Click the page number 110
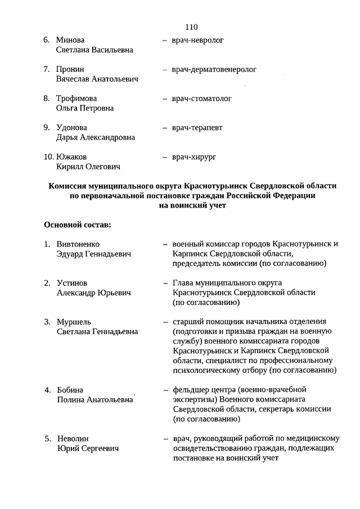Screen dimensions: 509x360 coord(191,26)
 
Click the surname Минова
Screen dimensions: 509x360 coord(70,40)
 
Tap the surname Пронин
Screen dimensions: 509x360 coord(70,70)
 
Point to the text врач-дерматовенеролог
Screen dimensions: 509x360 coord(214,70)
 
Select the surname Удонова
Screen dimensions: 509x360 coord(72,128)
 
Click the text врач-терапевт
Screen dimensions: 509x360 coord(197,128)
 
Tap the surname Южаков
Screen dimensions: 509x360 coord(71,157)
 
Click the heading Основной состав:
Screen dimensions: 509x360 coord(78,225)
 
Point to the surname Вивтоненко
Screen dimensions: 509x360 coord(78,245)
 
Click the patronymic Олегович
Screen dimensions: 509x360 coord(103,166)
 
